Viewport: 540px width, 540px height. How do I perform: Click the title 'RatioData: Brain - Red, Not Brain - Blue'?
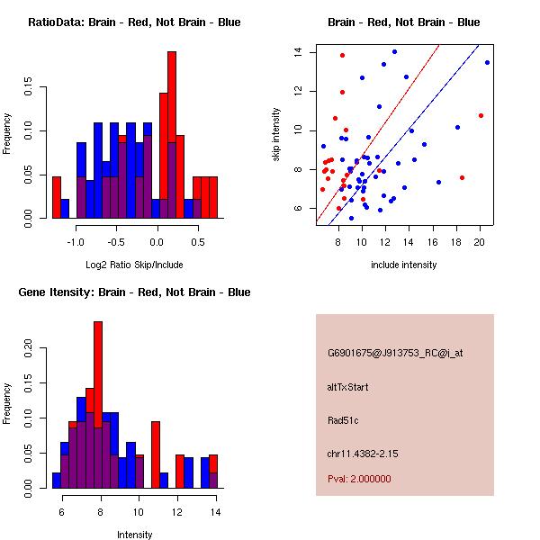134,22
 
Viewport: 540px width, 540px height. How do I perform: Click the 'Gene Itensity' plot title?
134,292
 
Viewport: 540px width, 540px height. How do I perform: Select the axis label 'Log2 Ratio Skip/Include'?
134,265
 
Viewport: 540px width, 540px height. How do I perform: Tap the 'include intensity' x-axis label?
404,265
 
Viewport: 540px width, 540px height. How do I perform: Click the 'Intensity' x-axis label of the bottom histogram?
134,535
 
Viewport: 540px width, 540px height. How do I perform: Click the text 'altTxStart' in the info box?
347,387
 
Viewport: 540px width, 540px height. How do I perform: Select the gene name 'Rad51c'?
342,420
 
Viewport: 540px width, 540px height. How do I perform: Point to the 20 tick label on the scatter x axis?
480,241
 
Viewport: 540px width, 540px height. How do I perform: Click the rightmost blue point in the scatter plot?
487,62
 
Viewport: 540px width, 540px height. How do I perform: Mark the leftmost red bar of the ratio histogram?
57,197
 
